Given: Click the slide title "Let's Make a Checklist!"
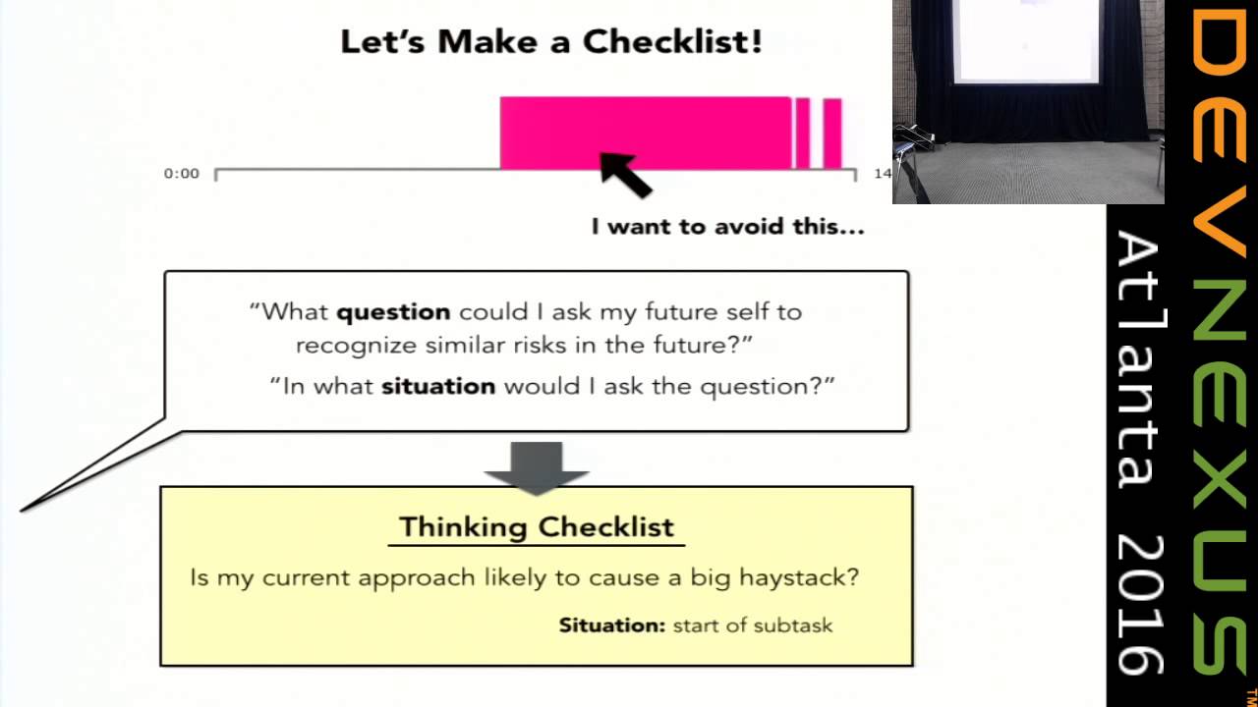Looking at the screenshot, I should pyautogui.click(x=550, y=42).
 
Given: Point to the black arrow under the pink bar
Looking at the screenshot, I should pyautogui.click(x=626, y=174).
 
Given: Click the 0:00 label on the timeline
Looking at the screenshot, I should pyautogui.click(x=181, y=174).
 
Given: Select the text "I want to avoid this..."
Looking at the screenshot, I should pyautogui.click(x=727, y=227).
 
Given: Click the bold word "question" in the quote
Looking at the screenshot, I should pyautogui.click(x=393, y=312).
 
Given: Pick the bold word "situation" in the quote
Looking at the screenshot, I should pyautogui.click(x=438, y=386).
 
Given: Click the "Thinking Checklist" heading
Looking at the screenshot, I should pyautogui.click(x=537, y=526).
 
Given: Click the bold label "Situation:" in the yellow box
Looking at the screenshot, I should pyautogui.click(x=612, y=625).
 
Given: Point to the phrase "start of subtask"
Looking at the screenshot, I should pyautogui.click(x=752, y=625).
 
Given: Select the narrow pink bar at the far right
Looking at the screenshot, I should pyautogui.click(x=832, y=133).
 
